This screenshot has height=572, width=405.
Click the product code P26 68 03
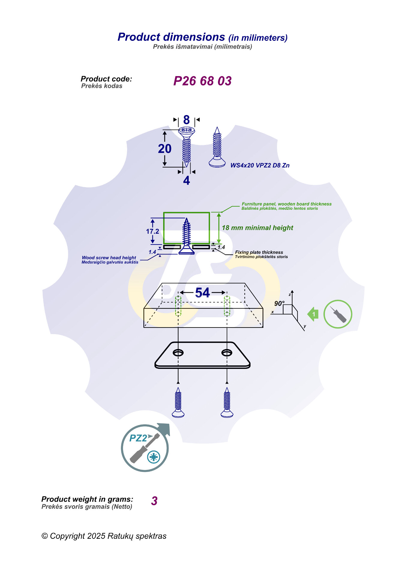pos(202,81)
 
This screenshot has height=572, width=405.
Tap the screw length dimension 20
pos(165,149)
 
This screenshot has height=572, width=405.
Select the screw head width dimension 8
pos(186,120)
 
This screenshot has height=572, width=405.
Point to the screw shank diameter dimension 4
pos(186,180)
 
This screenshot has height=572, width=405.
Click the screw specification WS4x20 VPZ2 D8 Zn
pos(260,165)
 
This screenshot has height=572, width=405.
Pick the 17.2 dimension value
pos(152,231)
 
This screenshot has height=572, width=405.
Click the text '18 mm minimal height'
pos(257,228)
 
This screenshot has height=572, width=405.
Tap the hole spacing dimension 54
pos(202,293)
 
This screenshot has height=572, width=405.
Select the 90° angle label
pos(279,304)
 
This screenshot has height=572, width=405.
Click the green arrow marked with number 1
pos(313,314)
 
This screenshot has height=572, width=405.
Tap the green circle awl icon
pos(337,314)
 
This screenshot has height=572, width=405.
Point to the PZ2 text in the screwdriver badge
pos(138,438)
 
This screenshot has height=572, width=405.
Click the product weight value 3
pos(154,501)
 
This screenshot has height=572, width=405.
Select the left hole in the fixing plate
pos(178,353)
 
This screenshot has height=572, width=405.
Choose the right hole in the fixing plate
pos(227,353)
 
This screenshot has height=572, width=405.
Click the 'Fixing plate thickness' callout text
pos(259,252)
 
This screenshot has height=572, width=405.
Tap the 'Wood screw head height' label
pos(109,258)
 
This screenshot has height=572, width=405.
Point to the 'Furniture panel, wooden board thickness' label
pos(286,204)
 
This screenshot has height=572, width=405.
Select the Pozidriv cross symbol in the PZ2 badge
pos(154,457)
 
